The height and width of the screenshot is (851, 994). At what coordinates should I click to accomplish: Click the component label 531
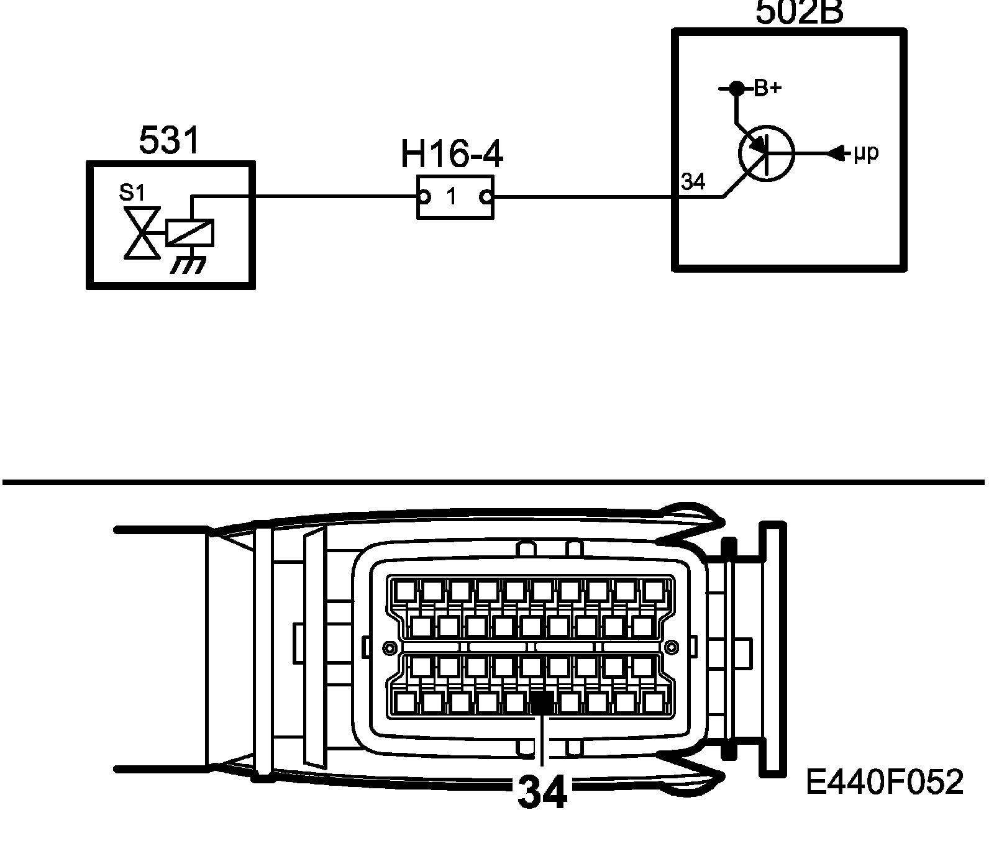click(169, 140)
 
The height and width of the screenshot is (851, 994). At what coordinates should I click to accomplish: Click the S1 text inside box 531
click(132, 193)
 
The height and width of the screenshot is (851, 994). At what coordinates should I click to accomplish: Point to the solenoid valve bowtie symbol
click(142, 233)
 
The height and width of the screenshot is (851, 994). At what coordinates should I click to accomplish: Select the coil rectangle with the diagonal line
click(190, 233)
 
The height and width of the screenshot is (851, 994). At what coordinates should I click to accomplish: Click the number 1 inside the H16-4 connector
click(452, 198)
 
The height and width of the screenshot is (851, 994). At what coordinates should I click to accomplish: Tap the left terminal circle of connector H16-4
click(424, 198)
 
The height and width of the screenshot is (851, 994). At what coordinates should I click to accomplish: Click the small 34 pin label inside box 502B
click(693, 183)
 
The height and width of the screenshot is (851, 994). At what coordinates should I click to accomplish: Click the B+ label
click(767, 89)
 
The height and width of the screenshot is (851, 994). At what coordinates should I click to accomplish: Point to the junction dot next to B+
click(736, 89)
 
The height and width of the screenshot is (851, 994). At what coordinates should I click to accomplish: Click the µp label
click(865, 152)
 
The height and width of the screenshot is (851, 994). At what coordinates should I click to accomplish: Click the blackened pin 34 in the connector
click(542, 703)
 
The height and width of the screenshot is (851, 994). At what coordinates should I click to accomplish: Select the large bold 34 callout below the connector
click(542, 793)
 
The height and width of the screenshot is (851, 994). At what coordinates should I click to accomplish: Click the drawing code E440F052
click(885, 782)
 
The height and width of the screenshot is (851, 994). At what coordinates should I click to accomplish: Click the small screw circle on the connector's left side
click(389, 648)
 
